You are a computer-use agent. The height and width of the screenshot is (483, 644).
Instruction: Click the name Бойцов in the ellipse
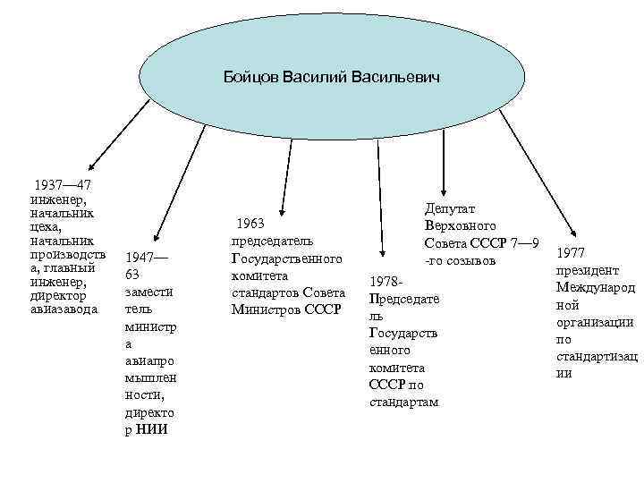(x=251, y=78)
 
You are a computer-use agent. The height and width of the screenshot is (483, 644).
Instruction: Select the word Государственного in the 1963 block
(x=286, y=258)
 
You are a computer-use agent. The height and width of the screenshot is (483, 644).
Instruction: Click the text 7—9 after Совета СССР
(x=522, y=243)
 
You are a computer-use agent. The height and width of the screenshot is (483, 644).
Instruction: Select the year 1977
(x=572, y=253)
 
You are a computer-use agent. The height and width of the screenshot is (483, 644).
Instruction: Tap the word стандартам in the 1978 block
(x=403, y=402)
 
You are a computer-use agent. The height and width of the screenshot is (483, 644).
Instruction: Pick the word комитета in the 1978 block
(x=397, y=368)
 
